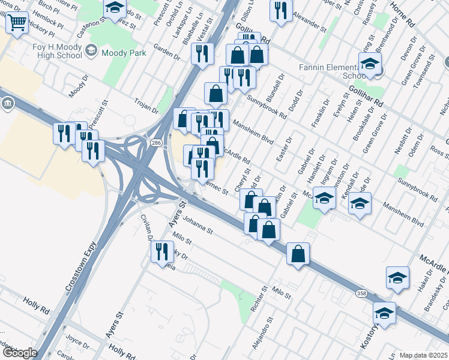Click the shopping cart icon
tap(18, 23)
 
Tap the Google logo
tap(19, 353)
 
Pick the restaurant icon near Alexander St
tap(281, 10)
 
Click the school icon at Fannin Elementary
tap(370, 64)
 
